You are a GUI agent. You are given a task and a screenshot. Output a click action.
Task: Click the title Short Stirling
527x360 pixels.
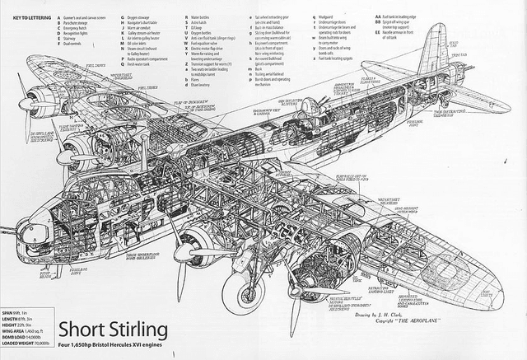click(x=113, y=330)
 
